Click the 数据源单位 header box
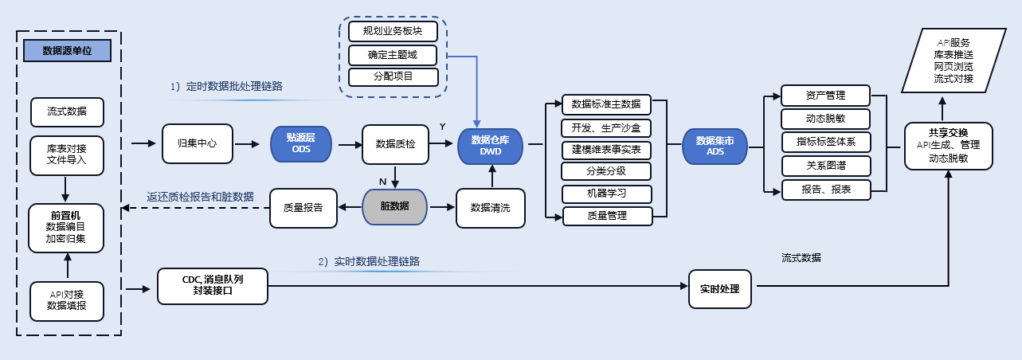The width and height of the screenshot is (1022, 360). point(67,50)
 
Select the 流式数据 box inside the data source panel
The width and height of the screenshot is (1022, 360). point(67,112)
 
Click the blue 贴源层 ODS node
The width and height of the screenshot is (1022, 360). point(301,144)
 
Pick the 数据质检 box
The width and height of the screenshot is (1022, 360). point(395,144)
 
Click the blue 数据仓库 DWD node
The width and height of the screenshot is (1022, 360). point(490,144)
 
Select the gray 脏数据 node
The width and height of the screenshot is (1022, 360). point(395,206)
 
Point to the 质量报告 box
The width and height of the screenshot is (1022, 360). point(303,207)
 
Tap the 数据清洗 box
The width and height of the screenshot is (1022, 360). point(490,207)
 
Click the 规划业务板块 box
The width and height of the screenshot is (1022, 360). point(393,32)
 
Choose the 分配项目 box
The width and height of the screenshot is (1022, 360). point(393,77)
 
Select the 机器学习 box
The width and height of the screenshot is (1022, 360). point(606,194)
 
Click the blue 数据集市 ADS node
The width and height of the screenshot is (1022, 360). point(715,144)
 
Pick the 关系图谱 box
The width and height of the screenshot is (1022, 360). point(825,166)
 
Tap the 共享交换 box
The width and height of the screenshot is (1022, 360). point(948,145)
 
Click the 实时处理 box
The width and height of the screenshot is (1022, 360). point(719,288)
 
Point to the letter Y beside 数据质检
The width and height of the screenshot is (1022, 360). point(443,127)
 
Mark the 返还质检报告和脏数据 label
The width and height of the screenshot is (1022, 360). point(200,196)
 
